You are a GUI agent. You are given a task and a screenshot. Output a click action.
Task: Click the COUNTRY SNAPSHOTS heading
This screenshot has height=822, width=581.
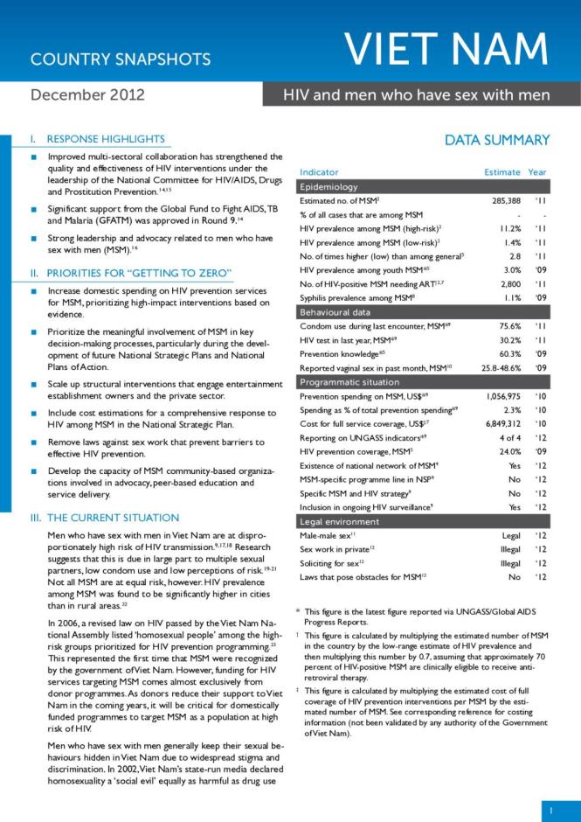pyautogui.click(x=121, y=59)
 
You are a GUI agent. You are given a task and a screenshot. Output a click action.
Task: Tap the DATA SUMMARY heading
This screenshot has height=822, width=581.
pyautogui.click(x=496, y=140)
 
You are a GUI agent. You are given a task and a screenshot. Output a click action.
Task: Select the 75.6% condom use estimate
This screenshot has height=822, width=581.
pyautogui.click(x=506, y=326)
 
